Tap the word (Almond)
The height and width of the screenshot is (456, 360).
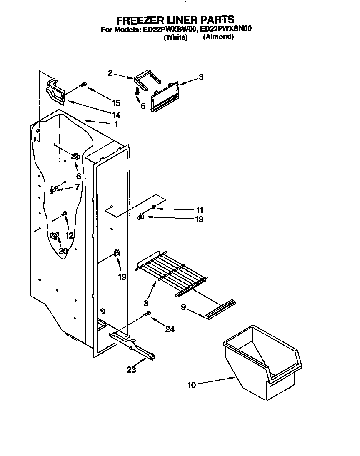218,37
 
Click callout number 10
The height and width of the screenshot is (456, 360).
192,385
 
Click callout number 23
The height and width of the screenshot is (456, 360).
131,369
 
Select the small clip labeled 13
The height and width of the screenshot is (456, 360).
141,216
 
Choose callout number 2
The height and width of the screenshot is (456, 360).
110,73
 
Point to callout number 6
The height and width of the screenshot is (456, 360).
78,176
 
